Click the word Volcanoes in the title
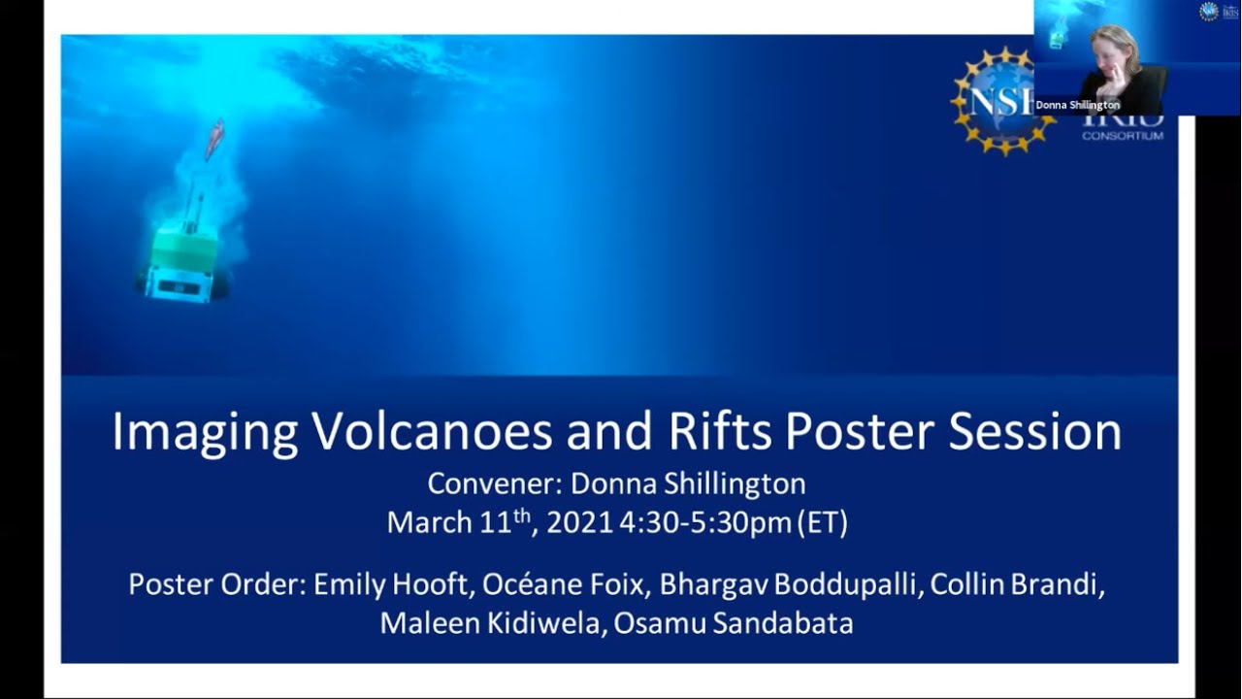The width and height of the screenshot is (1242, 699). [x=432, y=432]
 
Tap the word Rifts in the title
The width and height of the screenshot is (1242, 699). [x=719, y=432]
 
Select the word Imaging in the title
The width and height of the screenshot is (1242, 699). [x=205, y=433]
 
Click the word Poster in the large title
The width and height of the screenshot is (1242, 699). [x=860, y=432]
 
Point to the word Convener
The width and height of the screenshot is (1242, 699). [x=493, y=483]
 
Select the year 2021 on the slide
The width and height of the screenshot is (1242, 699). [x=579, y=523]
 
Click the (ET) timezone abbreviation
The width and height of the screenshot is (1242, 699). [x=823, y=523]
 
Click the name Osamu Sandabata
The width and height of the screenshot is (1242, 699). [x=735, y=623]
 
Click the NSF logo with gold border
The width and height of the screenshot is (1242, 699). [x=995, y=102]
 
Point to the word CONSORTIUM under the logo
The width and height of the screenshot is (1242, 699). [x=1123, y=136]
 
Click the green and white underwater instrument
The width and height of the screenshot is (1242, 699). [x=181, y=257]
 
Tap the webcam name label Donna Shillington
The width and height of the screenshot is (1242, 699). [x=1077, y=105]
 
